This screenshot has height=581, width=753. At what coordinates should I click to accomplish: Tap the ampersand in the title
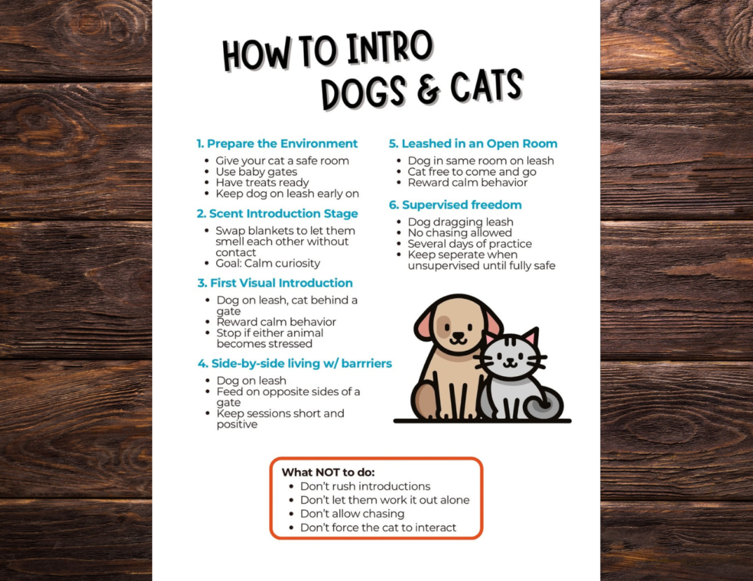(x=428, y=89)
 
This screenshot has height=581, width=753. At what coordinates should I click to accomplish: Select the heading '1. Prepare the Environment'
(x=277, y=144)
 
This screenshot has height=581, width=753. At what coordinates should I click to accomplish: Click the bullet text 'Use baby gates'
(x=257, y=172)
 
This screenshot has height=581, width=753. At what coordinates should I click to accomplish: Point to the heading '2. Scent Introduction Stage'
(x=277, y=213)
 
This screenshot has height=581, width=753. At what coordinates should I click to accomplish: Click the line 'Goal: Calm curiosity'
(x=268, y=264)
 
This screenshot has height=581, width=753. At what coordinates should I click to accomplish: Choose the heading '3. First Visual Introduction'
(x=275, y=283)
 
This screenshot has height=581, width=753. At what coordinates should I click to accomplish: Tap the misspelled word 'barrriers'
(x=367, y=363)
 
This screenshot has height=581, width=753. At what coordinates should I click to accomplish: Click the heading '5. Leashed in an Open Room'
(x=473, y=144)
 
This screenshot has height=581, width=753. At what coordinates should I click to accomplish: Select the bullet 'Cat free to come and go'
(x=472, y=172)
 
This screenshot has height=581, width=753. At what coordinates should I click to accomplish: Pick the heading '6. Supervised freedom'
(x=455, y=205)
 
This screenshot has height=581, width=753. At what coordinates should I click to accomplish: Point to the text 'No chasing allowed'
(x=459, y=232)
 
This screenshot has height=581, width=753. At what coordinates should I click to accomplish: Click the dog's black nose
(x=458, y=335)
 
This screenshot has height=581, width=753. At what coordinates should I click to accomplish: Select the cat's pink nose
(x=510, y=359)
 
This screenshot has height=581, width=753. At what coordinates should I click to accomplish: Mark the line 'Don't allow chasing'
(x=353, y=514)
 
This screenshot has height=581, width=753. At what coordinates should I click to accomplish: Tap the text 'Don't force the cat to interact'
(x=379, y=527)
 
